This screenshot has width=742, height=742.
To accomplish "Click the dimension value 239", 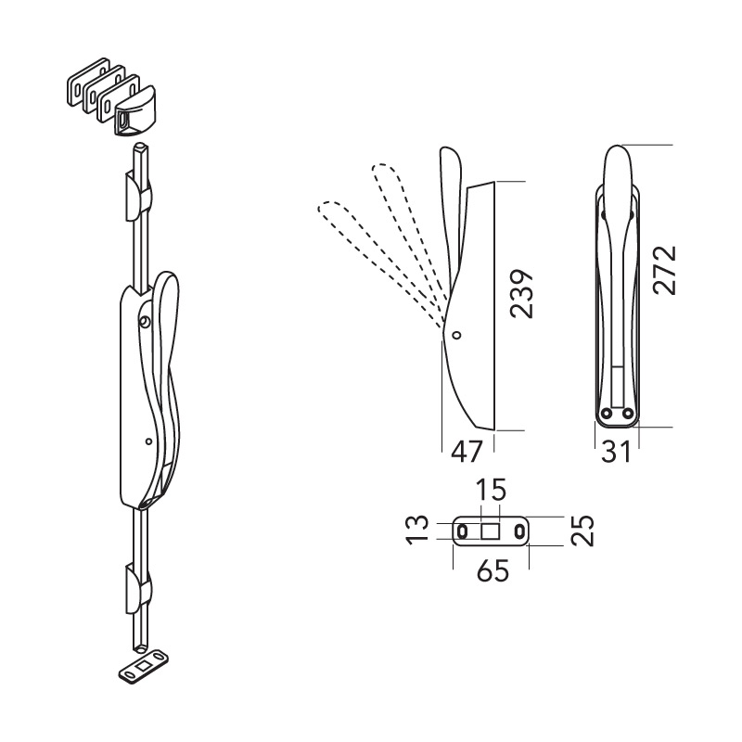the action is tap(521, 293).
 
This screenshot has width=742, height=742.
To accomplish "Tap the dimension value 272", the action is tap(665, 270).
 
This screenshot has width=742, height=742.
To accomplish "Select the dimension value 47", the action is tap(467, 452).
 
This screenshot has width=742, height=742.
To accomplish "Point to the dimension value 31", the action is tap(616, 452).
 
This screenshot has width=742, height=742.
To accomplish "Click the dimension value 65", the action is tap(493, 570).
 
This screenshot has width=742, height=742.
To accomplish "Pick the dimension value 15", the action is tap(491, 490).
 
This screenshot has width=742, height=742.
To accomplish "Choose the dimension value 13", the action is tap(418, 531).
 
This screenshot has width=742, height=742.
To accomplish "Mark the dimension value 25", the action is tap(582, 531).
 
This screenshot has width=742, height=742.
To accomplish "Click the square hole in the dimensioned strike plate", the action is tap(491, 531).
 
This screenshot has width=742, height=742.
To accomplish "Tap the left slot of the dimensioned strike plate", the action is tap(462, 531).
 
